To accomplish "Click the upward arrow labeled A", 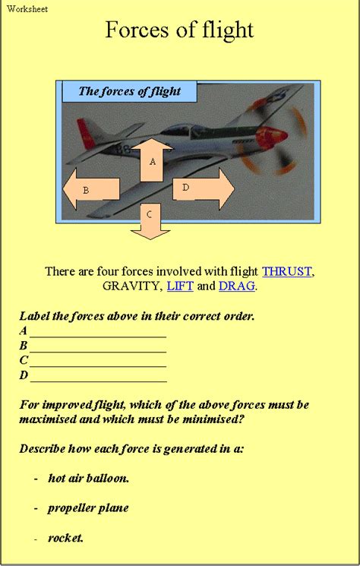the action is [x=152, y=160].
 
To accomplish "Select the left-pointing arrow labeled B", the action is [x=91, y=188].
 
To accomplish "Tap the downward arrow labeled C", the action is [x=150, y=221].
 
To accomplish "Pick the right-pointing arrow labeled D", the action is [x=204, y=188].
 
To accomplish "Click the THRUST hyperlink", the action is [x=286, y=271].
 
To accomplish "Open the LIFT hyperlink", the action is [x=180, y=286].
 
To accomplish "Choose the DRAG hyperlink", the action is [x=237, y=286].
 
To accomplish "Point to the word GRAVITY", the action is [x=130, y=286].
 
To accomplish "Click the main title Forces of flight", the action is [x=180, y=30].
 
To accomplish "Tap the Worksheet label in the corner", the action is [x=27, y=8].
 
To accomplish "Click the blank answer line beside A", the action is [x=98, y=337].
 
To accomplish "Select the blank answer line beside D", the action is [x=99, y=381].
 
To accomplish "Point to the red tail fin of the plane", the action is [x=85, y=133].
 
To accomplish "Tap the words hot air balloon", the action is [x=88, y=479].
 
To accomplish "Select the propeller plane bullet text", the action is [x=88, y=508].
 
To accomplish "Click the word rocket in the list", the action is [x=65, y=538].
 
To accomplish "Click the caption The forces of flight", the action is [x=130, y=91].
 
